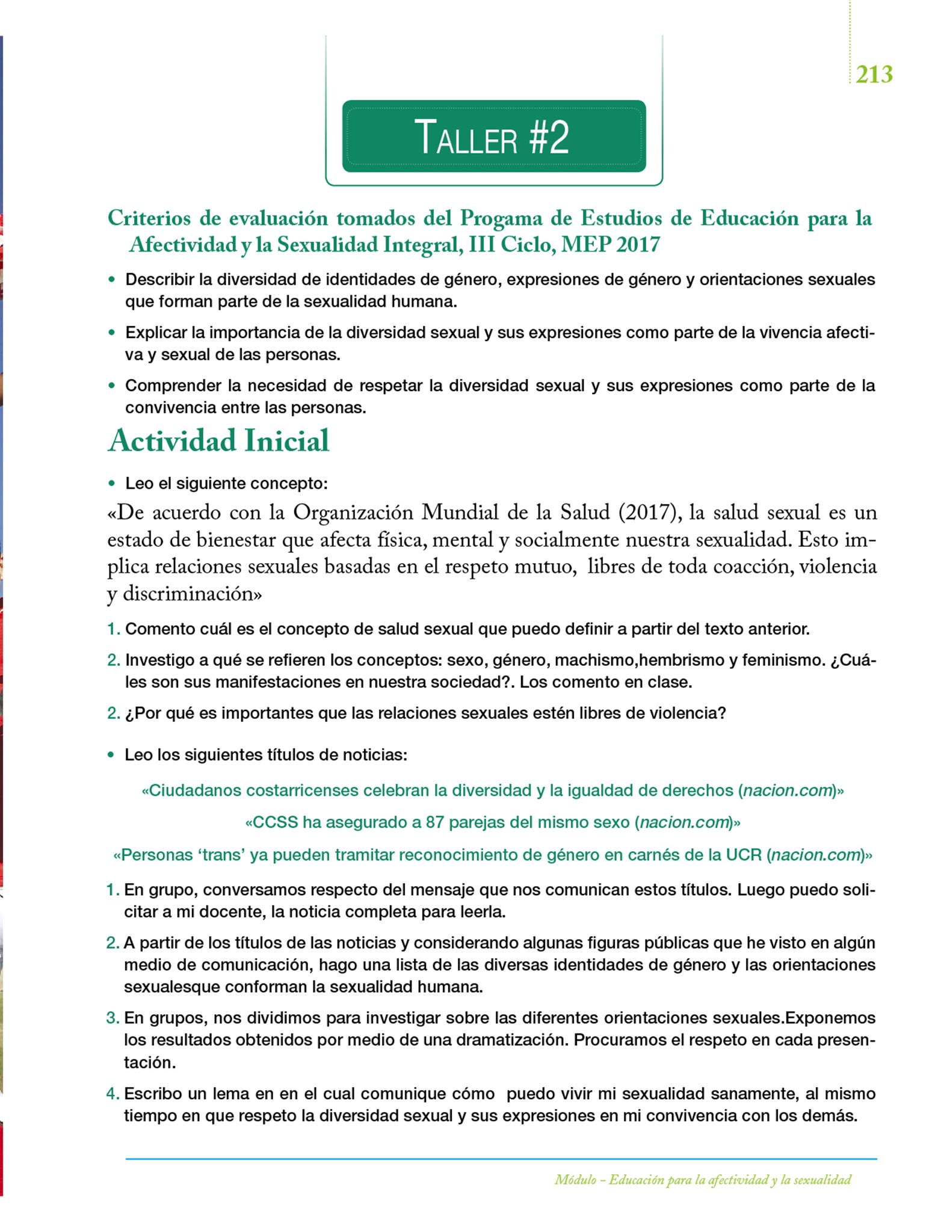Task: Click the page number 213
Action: pyautogui.click(x=874, y=75)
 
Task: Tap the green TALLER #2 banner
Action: pyautogui.click(x=493, y=137)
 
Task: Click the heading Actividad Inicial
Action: pyautogui.click(x=218, y=441)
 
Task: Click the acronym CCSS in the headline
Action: pyautogui.click(x=275, y=822)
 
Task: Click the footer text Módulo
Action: pyautogui.click(x=575, y=1180)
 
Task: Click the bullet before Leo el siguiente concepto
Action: pyautogui.click(x=111, y=484)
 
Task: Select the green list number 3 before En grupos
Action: pyautogui.click(x=112, y=1018)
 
